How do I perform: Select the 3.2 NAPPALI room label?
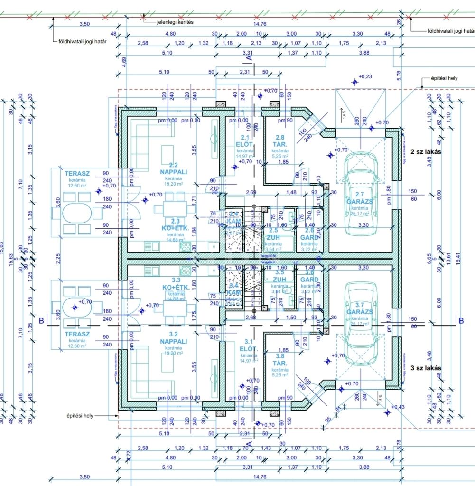tap(173, 337)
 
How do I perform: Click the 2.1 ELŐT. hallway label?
tap(246, 141)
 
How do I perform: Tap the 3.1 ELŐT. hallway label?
tap(246, 345)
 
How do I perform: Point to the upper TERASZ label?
tap(77, 174)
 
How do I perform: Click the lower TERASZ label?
tap(77, 334)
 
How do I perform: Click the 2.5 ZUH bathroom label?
tap(273, 234)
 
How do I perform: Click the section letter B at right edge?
tap(461, 320)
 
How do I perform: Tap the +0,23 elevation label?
tap(365, 76)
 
